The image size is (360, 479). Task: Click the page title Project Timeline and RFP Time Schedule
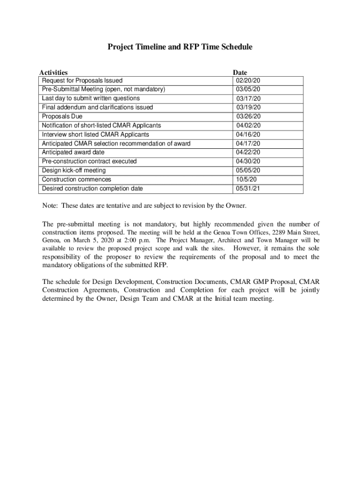(x=180, y=47)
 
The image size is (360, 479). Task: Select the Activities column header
(x=53, y=73)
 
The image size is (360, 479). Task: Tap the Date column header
(x=240, y=73)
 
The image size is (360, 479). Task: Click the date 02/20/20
(x=248, y=80)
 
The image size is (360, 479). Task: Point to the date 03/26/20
(x=249, y=116)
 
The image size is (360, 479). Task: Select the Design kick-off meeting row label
(x=74, y=170)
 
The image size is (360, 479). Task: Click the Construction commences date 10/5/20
(x=246, y=180)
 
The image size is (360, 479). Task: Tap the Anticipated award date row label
(x=73, y=152)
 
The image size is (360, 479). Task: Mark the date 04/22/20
(x=248, y=152)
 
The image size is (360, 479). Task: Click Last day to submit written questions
(x=91, y=98)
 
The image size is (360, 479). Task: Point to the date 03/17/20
(x=249, y=99)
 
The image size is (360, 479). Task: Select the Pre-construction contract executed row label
(x=89, y=161)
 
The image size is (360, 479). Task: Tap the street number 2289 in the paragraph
(x=276, y=232)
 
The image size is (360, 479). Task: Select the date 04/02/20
(x=248, y=125)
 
